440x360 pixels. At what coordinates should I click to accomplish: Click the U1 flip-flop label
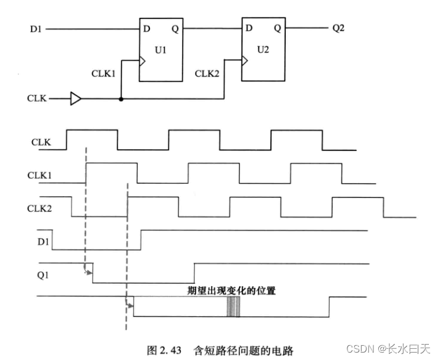(160, 49)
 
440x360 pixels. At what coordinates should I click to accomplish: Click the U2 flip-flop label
(264, 49)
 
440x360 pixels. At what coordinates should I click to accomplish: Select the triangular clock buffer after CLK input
(75, 98)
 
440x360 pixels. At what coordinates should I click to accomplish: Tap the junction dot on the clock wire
(121, 98)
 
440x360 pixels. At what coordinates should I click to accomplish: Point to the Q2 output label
(339, 28)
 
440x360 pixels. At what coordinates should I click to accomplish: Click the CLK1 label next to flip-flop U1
(103, 73)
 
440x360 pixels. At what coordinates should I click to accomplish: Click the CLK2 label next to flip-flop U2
(207, 73)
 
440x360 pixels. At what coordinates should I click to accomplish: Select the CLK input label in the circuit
(36, 98)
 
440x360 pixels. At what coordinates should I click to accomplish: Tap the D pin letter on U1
(146, 28)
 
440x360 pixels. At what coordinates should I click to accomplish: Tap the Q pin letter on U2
(277, 28)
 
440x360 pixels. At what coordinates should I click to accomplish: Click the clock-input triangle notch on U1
(143, 61)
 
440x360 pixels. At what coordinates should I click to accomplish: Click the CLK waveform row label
(41, 142)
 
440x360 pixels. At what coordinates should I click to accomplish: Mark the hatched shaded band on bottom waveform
(233, 306)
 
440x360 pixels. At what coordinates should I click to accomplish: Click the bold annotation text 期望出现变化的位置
(231, 290)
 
